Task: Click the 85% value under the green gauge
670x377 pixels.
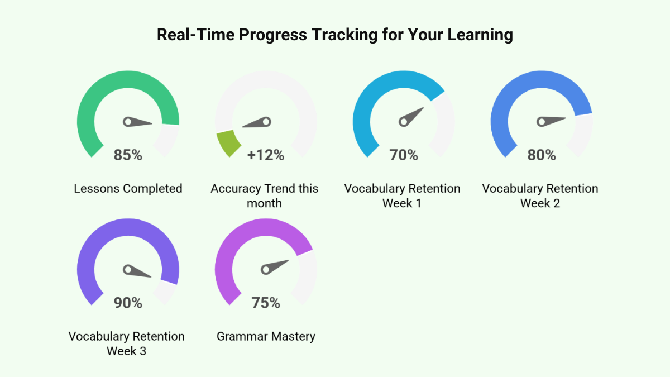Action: pyautogui.click(x=128, y=155)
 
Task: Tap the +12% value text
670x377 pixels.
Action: pyautogui.click(x=266, y=155)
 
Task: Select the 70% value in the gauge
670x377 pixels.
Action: pyautogui.click(x=404, y=155)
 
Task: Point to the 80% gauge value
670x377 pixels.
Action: pyautogui.click(x=542, y=155)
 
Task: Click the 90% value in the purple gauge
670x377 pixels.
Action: pyautogui.click(x=128, y=303)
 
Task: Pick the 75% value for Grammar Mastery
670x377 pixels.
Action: pyautogui.click(x=266, y=303)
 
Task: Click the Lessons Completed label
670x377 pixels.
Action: pyautogui.click(x=128, y=189)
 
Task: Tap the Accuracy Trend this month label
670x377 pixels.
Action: pyautogui.click(x=265, y=195)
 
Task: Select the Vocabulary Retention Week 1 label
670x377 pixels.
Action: pyautogui.click(x=403, y=195)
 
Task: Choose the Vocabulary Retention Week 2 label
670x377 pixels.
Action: pyautogui.click(x=540, y=195)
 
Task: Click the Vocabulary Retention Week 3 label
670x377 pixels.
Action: pyautogui.click(x=127, y=343)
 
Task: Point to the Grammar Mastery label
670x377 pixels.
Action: pyautogui.click(x=266, y=337)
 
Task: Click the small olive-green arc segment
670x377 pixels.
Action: pyautogui.click(x=228, y=142)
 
